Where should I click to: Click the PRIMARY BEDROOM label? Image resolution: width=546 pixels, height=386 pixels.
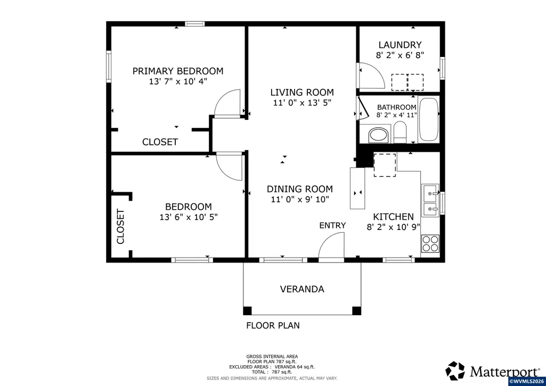coord(178,71)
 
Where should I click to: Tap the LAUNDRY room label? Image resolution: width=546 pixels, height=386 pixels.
coord(400,45)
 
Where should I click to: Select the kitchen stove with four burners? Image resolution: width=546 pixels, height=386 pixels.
coord(430,244)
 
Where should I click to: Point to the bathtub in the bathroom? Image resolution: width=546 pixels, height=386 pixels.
coord(429,120)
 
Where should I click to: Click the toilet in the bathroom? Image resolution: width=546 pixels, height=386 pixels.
coord(400,133)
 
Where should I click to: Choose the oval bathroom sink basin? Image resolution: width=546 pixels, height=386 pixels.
coord(379,135)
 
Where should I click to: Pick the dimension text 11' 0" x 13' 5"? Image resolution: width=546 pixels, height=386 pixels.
coord(302,103)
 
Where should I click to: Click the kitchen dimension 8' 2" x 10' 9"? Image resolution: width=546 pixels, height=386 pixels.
coord(394,227)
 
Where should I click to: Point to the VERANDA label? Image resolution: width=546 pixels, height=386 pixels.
coord(302,289)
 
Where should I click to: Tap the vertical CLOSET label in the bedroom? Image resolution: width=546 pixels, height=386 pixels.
coord(120,226)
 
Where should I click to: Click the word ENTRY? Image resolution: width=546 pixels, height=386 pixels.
coord(332,226)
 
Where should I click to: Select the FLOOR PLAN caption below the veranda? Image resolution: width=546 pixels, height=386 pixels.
coord(273,325)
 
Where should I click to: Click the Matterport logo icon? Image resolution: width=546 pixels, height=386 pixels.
coord(455,371)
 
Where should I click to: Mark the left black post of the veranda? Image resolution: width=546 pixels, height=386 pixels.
coord(247,310)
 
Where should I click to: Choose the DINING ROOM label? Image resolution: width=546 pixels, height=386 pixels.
coord(300,189)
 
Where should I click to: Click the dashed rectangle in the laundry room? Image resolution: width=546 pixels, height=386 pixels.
coord(408,83)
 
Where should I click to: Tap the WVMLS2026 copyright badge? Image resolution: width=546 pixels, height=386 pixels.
coord(527,382)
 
